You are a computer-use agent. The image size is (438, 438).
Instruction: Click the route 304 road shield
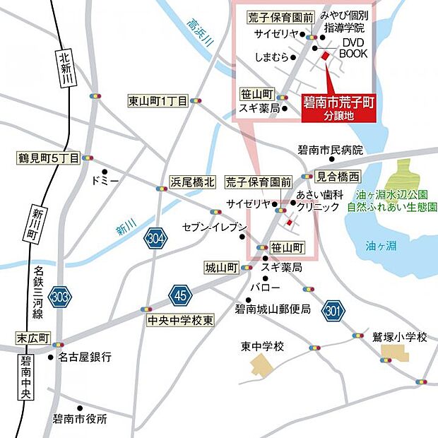tap(156, 239)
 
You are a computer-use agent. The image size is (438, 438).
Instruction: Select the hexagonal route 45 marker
tap(180, 295)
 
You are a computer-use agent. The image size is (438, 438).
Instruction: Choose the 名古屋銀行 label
tap(84, 357)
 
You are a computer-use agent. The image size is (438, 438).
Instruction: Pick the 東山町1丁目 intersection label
tap(158, 101)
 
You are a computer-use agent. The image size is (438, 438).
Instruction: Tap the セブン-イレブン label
tap(214, 227)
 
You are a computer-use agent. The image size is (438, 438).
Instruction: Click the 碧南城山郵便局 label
tap(273, 309)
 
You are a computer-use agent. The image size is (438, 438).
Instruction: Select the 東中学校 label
tap(261, 346)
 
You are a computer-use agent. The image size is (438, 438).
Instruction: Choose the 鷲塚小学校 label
tap(400, 338)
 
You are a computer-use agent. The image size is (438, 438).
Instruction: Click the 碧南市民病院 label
tap(329, 150)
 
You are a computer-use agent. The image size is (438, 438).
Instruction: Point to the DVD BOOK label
tap(353, 48)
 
